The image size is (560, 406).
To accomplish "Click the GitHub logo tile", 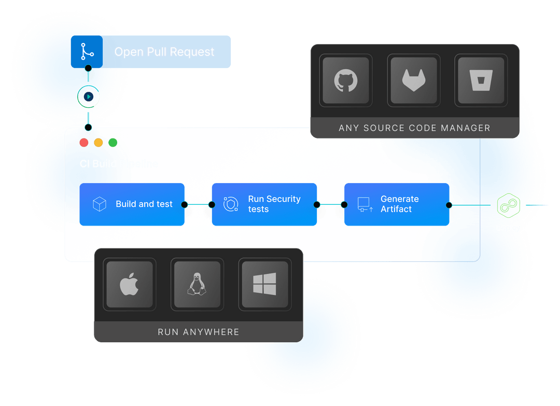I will pyautogui.click(x=346, y=81).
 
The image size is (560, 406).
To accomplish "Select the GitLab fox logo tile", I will pyautogui.click(x=414, y=81).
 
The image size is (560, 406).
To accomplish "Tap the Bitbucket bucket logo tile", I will pyautogui.click(x=481, y=81).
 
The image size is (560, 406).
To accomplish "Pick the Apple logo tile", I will pyautogui.click(x=130, y=285).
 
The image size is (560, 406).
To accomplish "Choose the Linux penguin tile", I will pyautogui.click(x=197, y=285).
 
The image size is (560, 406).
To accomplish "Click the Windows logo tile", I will pyautogui.click(x=264, y=285).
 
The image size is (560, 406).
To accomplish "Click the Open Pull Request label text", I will pyautogui.click(x=164, y=52).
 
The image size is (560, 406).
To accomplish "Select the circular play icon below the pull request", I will pyautogui.click(x=89, y=96).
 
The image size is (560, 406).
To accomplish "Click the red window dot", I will pyautogui.click(x=84, y=143).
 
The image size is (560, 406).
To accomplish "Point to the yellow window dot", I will pyautogui.click(x=99, y=143).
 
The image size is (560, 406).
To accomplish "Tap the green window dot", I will pyautogui.click(x=113, y=143).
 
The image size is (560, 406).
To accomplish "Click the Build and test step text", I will pyautogui.click(x=144, y=204).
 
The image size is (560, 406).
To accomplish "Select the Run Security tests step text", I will pyautogui.click(x=274, y=204).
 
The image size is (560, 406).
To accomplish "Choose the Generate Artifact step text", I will pyautogui.click(x=399, y=204).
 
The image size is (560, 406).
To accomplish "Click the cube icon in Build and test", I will pyautogui.click(x=99, y=204).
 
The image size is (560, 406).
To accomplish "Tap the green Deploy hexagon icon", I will pyautogui.click(x=508, y=205).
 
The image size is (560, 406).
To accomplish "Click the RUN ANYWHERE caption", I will pyautogui.click(x=199, y=332).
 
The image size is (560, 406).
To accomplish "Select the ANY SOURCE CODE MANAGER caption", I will pyautogui.click(x=414, y=128).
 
